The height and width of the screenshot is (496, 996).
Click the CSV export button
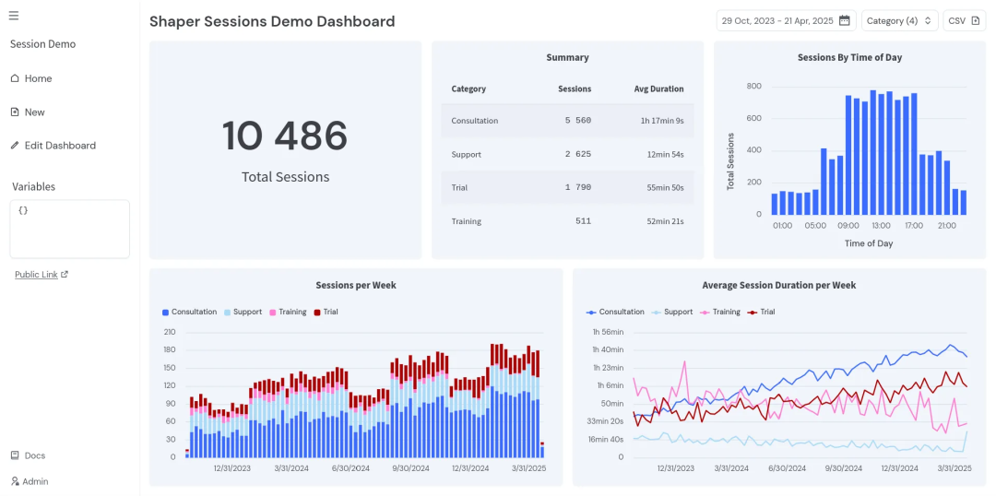pyautogui.click(x=964, y=21)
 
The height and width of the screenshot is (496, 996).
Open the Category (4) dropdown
pyautogui.click(x=899, y=21)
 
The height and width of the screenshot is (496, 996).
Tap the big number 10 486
pyautogui.click(x=285, y=136)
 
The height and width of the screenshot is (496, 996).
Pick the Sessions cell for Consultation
pyautogui.click(x=577, y=121)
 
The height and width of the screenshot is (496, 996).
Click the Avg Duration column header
pyautogui.click(x=658, y=89)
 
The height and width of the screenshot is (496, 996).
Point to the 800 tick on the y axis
pyautogui.click(x=753, y=87)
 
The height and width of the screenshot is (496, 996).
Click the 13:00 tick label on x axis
pyautogui.click(x=881, y=226)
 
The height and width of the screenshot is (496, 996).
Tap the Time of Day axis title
pyautogui.click(x=869, y=243)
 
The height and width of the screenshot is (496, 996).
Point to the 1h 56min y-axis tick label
pyautogui.click(x=608, y=332)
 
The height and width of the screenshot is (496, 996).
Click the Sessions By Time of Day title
pyautogui.click(x=849, y=57)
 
